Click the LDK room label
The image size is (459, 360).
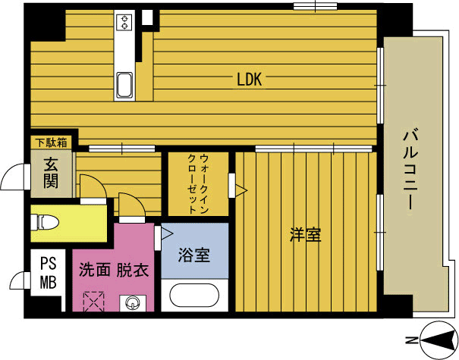249,80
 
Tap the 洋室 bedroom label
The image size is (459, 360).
305,235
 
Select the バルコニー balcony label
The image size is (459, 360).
410,170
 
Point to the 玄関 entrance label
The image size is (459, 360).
52,173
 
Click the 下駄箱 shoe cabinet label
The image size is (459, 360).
52,142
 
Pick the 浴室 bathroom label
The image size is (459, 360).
194,255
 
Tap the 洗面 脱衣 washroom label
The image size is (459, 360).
114,270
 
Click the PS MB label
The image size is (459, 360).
49,273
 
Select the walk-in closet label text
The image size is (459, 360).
198,184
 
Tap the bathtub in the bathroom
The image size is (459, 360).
194,296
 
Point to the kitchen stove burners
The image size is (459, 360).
124,22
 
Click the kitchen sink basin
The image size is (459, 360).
124,85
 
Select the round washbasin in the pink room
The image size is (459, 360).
133,303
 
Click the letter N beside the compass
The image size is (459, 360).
411,340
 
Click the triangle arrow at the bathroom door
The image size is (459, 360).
167,234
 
